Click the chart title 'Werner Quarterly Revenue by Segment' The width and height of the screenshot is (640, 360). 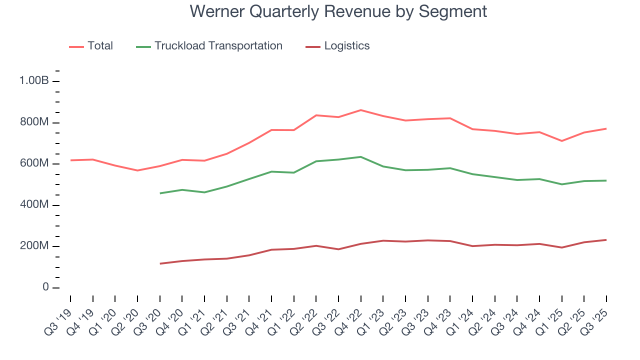pyautogui.click(x=338, y=11)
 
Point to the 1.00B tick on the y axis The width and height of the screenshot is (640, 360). pyautogui.click(x=33, y=81)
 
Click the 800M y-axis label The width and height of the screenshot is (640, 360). pyautogui.click(x=33, y=123)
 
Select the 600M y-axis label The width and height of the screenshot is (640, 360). pyautogui.click(x=33, y=164)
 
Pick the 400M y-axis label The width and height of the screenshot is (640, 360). pyautogui.click(x=33, y=205)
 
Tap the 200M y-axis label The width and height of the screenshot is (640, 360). pyautogui.click(x=33, y=246)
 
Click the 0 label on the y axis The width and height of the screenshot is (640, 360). pyautogui.click(x=45, y=287)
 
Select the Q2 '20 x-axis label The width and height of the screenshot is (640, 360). pyautogui.click(x=128, y=315)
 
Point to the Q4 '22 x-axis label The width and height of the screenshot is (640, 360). pyautogui.click(x=351, y=315)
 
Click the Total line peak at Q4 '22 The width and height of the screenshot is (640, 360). pyautogui.click(x=360, y=110)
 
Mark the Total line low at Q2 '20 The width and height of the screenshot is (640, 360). pyautogui.click(x=137, y=170)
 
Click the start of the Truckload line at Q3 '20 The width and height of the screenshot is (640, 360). pyautogui.click(x=160, y=193)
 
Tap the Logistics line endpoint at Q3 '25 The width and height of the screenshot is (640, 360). pyautogui.click(x=606, y=240)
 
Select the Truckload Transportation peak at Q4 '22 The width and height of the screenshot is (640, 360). pyautogui.click(x=360, y=157)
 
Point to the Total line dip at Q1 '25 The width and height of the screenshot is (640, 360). pyautogui.click(x=561, y=141)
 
